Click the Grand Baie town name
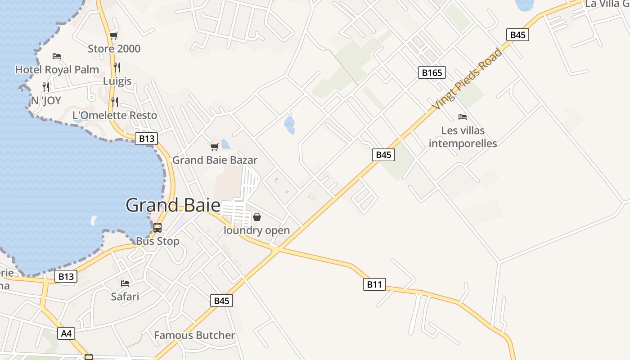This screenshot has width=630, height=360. click(173, 205)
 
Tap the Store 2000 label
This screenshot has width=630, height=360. click(114, 49)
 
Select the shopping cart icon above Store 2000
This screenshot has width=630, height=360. click(113, 36)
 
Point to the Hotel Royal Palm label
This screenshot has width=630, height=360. click(57, 70)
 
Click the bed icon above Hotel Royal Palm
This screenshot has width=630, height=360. click(57, 56)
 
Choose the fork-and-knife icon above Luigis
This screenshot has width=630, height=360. click(117, 67)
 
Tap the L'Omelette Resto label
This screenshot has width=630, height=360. click(115, 115)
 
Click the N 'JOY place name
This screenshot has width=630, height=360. click(45, 100)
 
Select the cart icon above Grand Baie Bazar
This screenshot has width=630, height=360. click(215, 147)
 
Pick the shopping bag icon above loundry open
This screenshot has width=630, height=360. click(256, 217)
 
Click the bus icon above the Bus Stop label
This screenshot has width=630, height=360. click(157, 228)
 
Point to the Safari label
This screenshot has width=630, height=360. click(125, 297)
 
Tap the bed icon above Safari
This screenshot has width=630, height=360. click(125, 283)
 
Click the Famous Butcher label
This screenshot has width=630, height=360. click(194, 335)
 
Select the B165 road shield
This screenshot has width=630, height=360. click(432, 72)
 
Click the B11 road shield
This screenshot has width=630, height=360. click(374, 284)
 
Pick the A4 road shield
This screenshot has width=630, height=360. click(66, 333)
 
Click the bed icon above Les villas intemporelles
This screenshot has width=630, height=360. click(463, 117)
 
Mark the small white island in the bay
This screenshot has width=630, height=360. click(94, 220)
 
